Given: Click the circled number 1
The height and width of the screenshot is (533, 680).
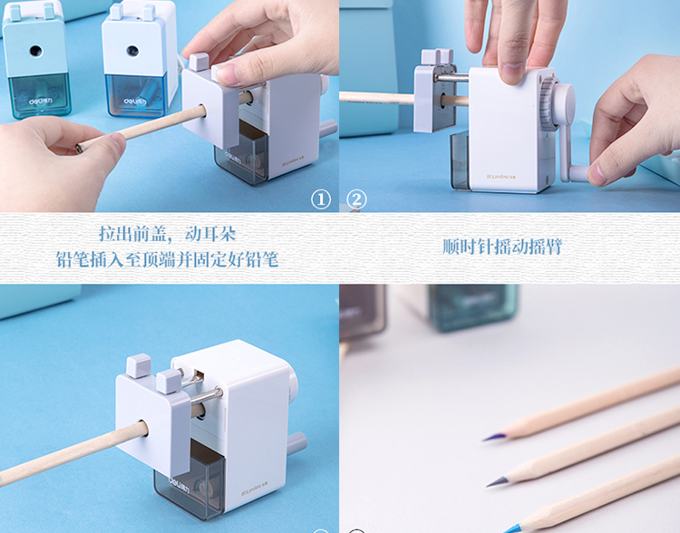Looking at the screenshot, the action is pyautogui.click(x=321, y=200).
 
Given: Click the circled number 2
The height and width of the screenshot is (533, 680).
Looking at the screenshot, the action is pyautogui.click(x=356, y=200).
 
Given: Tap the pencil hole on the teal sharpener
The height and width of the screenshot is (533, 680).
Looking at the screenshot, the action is pyautogui.click(x=36, y=51).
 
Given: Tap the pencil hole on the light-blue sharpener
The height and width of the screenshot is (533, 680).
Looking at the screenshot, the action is pyautogui.click(x=132, y=51).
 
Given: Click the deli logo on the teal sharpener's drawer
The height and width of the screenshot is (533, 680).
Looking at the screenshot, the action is pyautogui.click(x=41, y=102).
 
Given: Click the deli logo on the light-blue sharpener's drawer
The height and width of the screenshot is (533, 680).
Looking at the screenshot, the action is pyautogui.click(x=136, y=102).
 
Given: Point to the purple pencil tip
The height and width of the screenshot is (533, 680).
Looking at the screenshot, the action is pyautogui.click(x=494, y=437).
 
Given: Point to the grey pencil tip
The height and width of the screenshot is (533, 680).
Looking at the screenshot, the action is pyautogui.click(x=497, y=481).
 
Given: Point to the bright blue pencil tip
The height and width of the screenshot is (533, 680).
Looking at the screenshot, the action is pyautogui.click(x=511, y=528).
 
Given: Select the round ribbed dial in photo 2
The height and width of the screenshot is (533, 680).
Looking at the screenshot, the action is pyautogui.click(x=549, y=103).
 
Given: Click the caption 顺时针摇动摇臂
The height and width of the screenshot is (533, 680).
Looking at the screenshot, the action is pyautogui.click(x=501, y=247).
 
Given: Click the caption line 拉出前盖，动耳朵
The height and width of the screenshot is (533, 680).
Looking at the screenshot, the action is pyautogui.click(x=168, y=234).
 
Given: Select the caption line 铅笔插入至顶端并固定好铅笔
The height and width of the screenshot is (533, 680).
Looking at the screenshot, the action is pyautogui.click(x=167, y=259).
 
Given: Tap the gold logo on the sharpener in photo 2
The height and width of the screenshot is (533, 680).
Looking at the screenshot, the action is pyautogui.click(x=500, y=177).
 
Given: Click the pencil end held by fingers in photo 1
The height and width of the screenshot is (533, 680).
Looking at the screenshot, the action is pyautogui.click(x=79, y=148).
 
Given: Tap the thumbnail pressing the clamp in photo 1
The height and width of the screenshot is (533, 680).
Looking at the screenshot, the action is pyautogui.click(x=228, y=74).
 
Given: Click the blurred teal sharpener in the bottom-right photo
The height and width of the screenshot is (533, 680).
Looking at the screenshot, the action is pyautogui.click(x=473, y=307).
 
